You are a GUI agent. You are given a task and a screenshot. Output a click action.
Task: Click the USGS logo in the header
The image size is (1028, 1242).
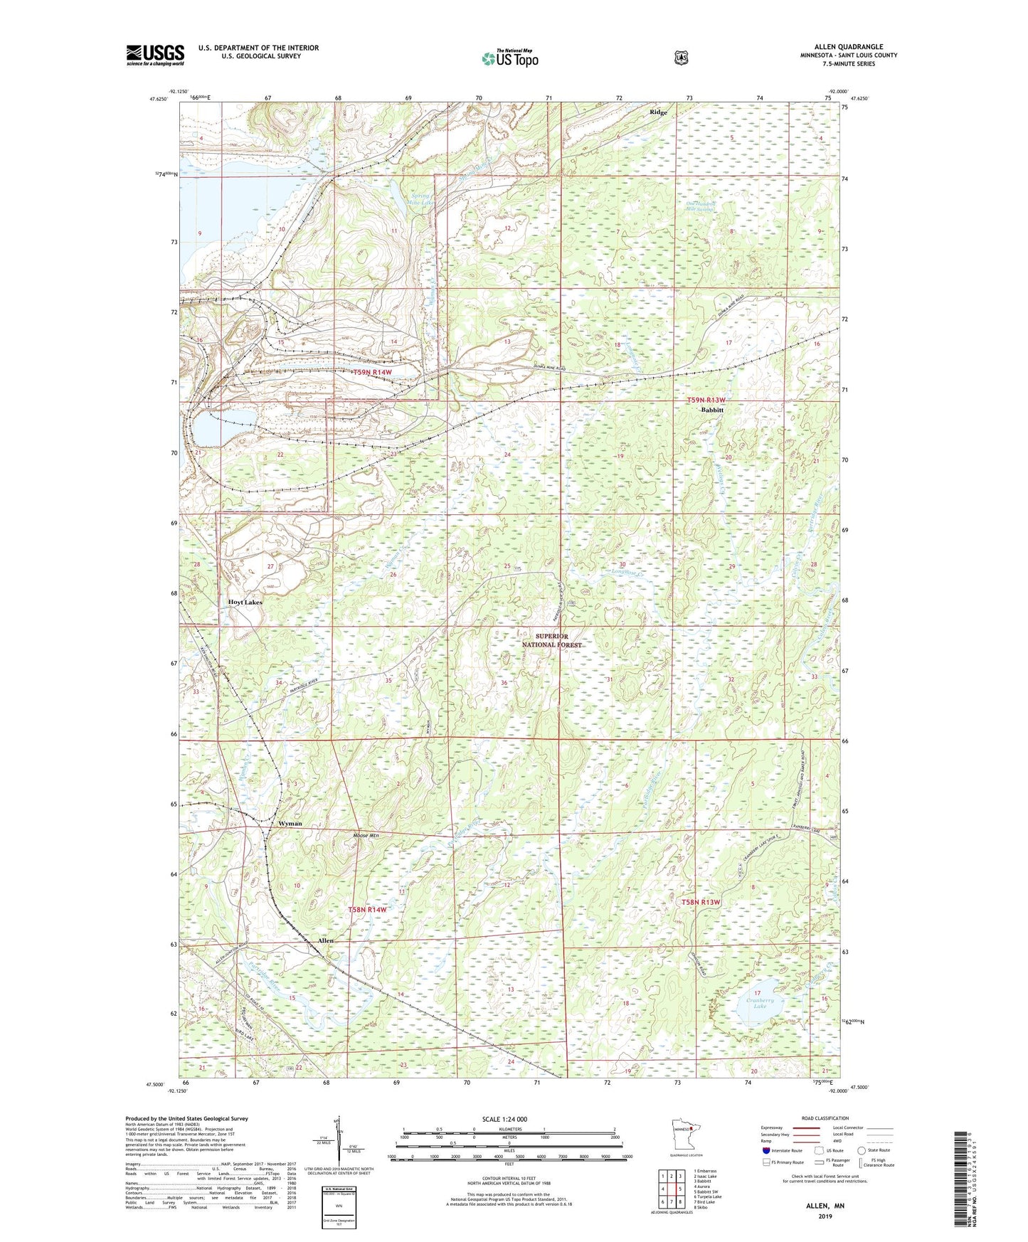tap(155, 55)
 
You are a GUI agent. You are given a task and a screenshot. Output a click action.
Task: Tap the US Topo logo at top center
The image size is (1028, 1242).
tap(509, 58)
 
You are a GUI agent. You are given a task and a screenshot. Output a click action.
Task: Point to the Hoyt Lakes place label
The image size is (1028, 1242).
tap(245, 602)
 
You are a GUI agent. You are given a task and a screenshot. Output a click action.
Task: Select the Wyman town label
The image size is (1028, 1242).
tap(290, 823)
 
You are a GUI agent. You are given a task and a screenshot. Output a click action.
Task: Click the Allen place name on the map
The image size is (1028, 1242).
tap(325, 940)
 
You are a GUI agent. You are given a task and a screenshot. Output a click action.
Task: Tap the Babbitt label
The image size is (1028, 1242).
tap(711, 410)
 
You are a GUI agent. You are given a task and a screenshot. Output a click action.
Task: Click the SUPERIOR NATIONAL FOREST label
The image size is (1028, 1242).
tap(551, 640)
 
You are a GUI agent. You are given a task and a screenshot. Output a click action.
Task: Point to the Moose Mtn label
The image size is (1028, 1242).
tap(367, 835)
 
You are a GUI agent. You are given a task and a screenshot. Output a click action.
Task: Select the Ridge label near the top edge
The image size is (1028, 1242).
tap(658, 112)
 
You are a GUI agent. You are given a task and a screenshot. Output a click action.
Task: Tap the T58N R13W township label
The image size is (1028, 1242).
tap(701, 902)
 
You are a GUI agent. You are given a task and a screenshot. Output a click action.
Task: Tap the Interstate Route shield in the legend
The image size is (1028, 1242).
tap(765, 1150)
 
